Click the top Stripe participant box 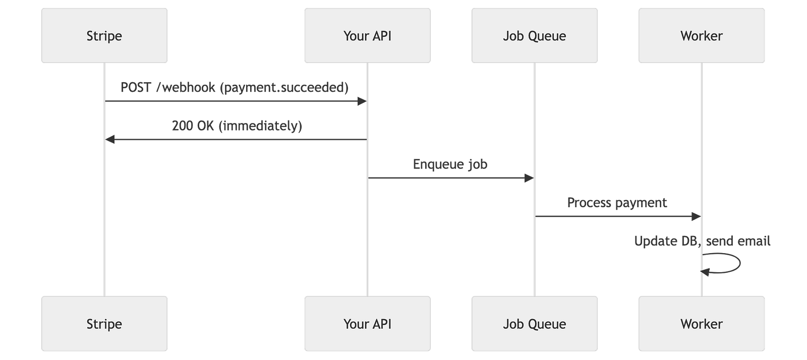104,36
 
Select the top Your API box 368,36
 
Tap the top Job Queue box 535,36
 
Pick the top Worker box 702,36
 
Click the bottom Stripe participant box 104,324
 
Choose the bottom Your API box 368,324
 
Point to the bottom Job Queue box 535,324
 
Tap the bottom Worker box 702,324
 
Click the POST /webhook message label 235,88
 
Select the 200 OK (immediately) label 237,126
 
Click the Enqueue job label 450,164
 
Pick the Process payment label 617,203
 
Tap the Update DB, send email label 702,241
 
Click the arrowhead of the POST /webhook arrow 362,101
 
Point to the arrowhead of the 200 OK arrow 110,139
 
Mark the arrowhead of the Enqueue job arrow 529,178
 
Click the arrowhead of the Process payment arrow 697,216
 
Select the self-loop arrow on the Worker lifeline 740,263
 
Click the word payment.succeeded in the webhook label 284,88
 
